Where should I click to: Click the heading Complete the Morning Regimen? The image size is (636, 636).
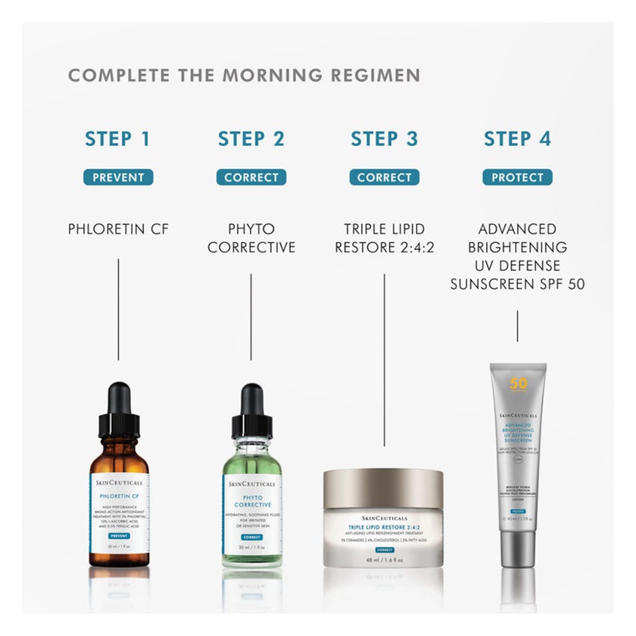coord(244,76)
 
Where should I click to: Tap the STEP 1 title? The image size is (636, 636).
coord(117,139)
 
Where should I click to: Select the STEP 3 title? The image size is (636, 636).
coord(384,139)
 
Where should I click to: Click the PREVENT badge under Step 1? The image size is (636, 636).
coord(118,178)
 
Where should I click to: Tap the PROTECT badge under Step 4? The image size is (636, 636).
coord(517,178)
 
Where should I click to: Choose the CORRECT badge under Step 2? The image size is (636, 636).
coord(251,178)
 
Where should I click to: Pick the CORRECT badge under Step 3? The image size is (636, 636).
coord(384,178)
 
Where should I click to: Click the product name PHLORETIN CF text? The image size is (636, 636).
coord(118,229)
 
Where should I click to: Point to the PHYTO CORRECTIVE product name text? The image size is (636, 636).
coord(251,238)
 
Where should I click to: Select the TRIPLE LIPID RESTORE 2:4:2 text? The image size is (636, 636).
coord(384,238)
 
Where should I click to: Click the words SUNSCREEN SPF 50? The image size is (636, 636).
coord(517,284)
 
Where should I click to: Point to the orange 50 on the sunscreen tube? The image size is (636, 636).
coord(519,383)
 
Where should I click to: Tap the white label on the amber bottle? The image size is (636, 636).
coord(118,511)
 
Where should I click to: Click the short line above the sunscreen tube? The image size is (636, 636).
coord(517,327)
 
